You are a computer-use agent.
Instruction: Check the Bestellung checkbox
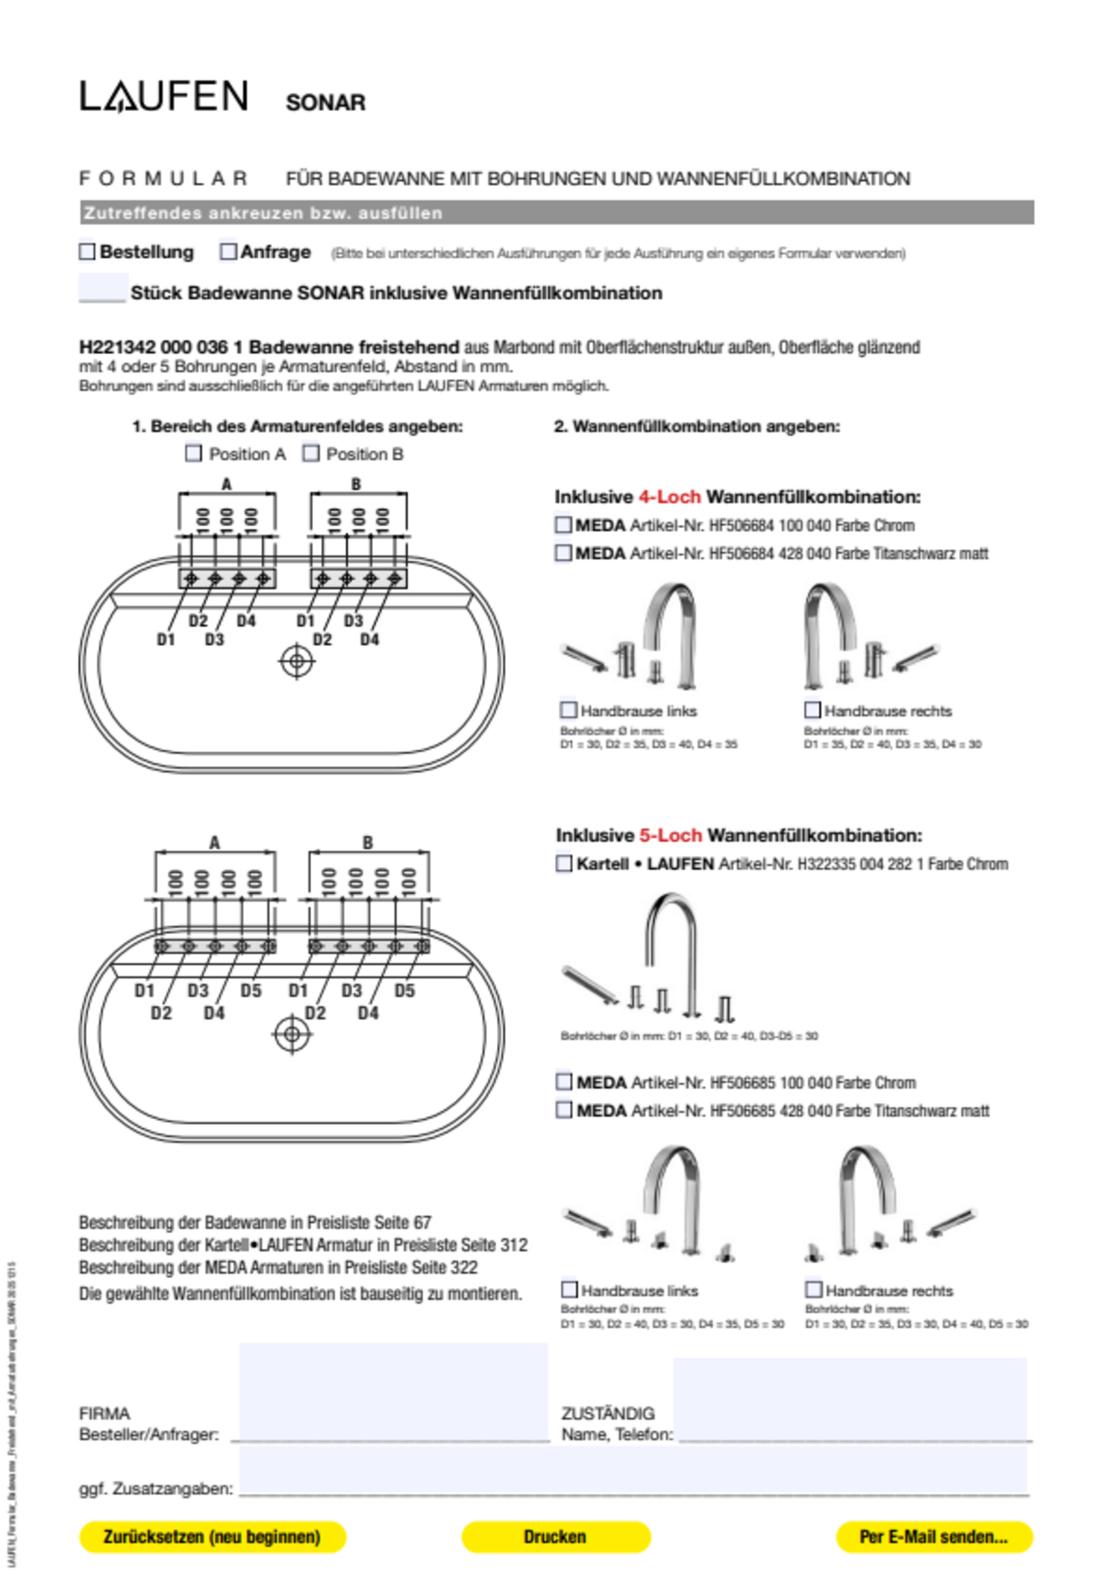[87, 252]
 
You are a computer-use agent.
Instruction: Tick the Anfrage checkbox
[228, 252]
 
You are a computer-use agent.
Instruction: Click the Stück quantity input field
[103, 288]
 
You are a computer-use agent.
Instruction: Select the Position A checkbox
[193, 453]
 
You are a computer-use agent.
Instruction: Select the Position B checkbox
[311, 453]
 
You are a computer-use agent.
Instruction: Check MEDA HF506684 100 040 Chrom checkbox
[563, 525]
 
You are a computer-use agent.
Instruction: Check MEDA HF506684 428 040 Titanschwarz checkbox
[563, 553]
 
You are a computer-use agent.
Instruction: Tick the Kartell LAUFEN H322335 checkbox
[563, 864]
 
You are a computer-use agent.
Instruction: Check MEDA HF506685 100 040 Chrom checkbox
[563, 1082]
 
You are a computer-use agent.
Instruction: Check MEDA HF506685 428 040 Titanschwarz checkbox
[563, 1110]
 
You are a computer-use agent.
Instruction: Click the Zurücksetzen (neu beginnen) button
[212, 1537]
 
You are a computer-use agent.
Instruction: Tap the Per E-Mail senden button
[934, 1537]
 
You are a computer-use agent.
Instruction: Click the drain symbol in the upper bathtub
[297, 662]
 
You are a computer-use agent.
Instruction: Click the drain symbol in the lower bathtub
[292, 1034]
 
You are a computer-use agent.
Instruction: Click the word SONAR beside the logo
[325, 103]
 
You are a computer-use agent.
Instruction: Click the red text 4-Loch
[669, 496]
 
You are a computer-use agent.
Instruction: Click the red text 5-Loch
[670, 835]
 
